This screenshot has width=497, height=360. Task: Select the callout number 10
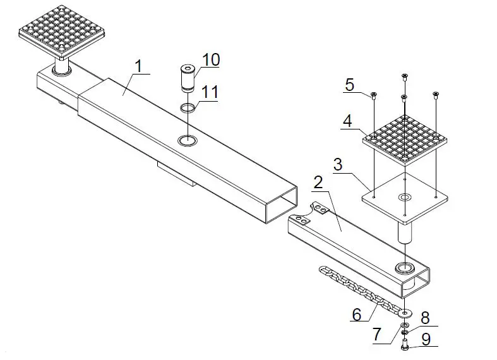211,60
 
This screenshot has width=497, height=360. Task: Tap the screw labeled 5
373,96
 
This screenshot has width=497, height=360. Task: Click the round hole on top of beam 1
188,140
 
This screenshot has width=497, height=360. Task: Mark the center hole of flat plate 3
404,198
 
